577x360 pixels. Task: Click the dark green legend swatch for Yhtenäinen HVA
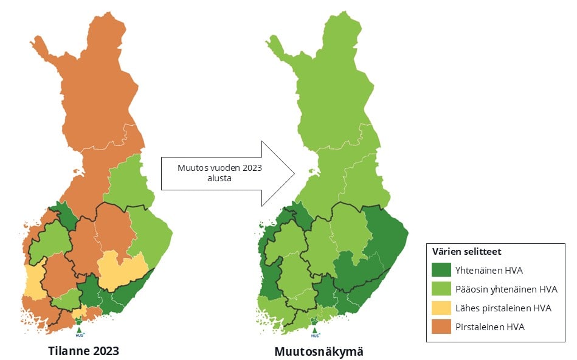click(442, 270)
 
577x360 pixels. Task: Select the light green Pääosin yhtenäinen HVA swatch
click(442, 289)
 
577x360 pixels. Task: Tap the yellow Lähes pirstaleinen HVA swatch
click(442, 308)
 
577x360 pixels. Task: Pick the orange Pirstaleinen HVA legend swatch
click(442, 327)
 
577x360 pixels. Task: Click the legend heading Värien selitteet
click(466, 251)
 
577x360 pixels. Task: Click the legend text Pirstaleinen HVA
click(489, 327)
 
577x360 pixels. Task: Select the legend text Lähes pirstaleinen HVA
click(503, 308)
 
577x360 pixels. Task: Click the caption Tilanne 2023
click(84, 351)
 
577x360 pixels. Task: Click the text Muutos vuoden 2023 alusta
click(210, 173)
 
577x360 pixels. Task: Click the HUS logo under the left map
click(79, 331)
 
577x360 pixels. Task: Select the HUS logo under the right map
click(315, 331)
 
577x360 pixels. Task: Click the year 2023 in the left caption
click(104, 351)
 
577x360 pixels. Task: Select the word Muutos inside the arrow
click(191, 168)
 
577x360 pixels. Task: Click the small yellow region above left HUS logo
click(78, 314)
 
